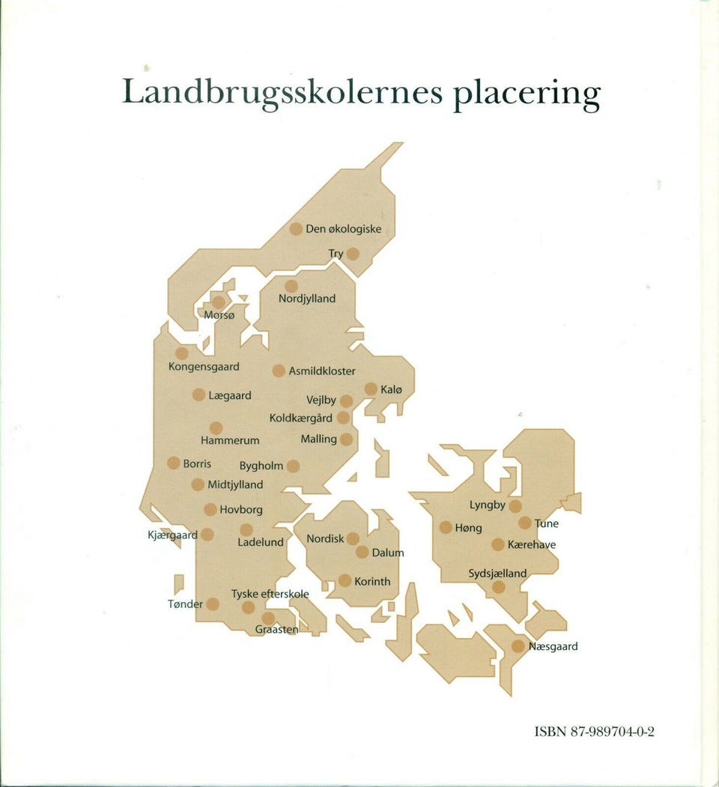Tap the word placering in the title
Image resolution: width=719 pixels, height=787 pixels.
coord(527,94)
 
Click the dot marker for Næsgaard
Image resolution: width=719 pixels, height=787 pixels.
coord(518,645)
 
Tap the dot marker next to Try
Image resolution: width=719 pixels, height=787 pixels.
coord(353,254)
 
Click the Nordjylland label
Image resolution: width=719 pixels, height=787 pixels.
coord(307,299)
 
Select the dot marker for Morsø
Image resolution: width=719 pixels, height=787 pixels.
coord(219,301)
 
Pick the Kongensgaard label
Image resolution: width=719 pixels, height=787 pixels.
coord(204,367)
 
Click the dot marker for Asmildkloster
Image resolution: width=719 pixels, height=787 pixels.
coord(279,371)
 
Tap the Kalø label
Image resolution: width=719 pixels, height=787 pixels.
coord(392,389)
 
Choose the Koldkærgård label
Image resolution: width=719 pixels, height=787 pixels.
coord(301,418)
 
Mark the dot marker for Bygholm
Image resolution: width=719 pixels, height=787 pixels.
coord(293,466)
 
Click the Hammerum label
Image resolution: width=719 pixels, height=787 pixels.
coord(230,441)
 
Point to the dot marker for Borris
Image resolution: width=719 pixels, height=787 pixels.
coord(174,463)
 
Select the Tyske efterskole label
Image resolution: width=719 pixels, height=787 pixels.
coord(270,594)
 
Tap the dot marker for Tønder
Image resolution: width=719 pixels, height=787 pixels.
coord(213,604)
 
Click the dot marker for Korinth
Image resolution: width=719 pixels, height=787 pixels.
coord(345,580)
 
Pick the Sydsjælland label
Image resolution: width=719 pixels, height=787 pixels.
coord(497,574)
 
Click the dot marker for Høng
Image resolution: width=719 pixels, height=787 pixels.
coord(446,527)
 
